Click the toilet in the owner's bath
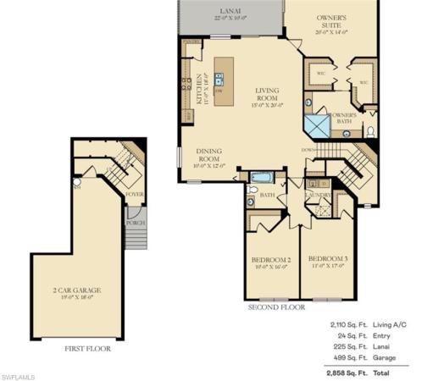coord(370,132)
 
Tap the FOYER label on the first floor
coord(134,194)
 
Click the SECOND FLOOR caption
coord(275,308)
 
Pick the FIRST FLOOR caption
coord(87,348)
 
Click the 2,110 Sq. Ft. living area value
coord(345,324)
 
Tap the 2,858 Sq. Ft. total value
coord(345,372)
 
